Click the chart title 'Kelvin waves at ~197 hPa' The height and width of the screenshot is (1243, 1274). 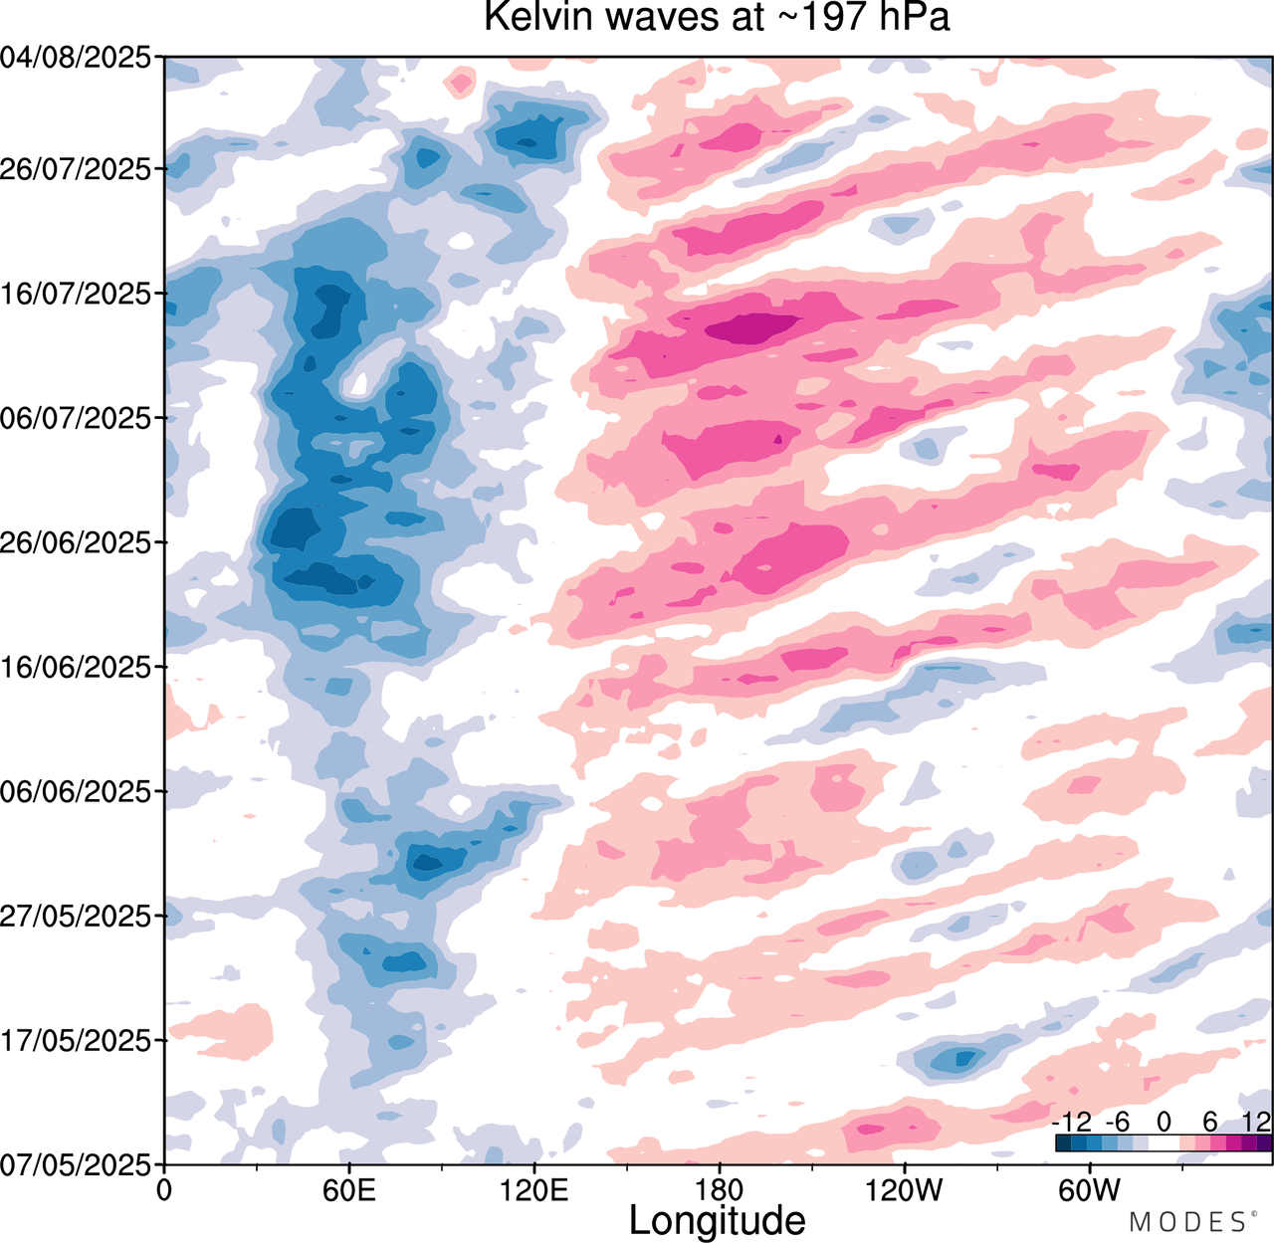click(x=717, y=17)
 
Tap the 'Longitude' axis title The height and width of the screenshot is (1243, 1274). click(x=717, y=1220)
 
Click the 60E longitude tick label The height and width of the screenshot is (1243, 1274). click(x=349, y=1189)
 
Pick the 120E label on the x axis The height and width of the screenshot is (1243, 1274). click(x=534, y=1189)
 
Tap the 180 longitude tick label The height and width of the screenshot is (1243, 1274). click(x=719, y=1189)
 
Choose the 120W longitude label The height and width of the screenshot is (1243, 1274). click(x=905, y=1189)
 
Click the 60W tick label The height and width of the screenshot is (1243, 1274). click(x=1089, y=1189)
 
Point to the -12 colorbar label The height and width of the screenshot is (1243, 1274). click(x=1072, y=1123)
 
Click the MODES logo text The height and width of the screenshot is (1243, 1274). click(x=1186, y=1222)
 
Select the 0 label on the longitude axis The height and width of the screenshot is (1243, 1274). click(x=165, y=1189)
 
